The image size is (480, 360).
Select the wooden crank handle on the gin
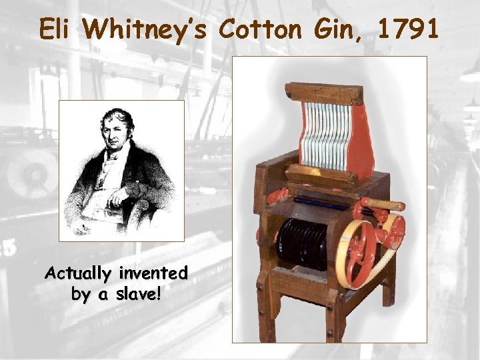click(383, 203)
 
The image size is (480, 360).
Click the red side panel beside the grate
click(362, 143)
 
